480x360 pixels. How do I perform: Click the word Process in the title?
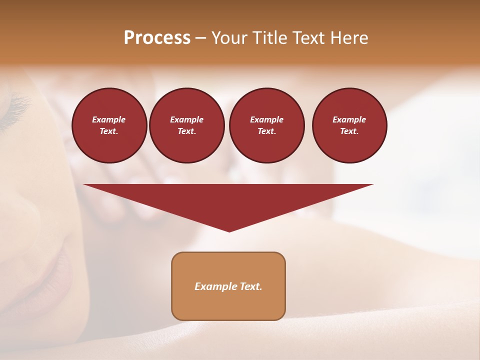coord(157,38)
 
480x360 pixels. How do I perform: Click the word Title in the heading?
coord(269,38)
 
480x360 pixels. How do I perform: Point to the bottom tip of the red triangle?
coord(229,230)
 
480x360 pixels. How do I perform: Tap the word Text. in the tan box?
coord(251,286)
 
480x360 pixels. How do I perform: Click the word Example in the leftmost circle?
coord(109,119)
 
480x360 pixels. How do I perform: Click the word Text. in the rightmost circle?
coord(349,131)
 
